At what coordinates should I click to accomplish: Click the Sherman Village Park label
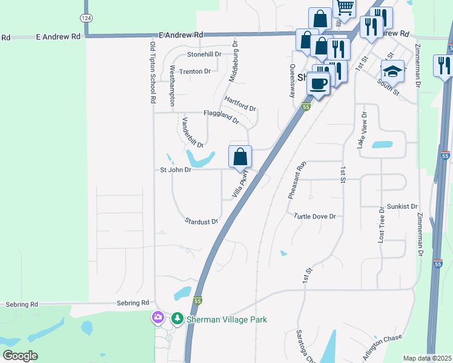(226, 319)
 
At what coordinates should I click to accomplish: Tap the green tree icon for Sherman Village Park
(177, 318)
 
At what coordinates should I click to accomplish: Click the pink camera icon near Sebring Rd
(158, 317)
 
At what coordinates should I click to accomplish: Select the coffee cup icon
(318, 84)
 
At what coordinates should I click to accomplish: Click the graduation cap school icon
(392, 72)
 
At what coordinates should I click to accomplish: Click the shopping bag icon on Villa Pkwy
(240, 157)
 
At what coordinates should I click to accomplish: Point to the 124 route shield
(86, 18)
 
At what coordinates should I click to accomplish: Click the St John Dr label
(176, 170)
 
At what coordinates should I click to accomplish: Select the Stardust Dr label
(202, 221)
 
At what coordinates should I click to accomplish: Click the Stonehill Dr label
(204, 54)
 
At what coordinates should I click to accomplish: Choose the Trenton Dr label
(195, 71)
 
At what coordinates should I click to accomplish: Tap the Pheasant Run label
(295, 181)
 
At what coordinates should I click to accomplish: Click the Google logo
(20, 356)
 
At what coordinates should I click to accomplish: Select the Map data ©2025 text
(428, 358)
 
